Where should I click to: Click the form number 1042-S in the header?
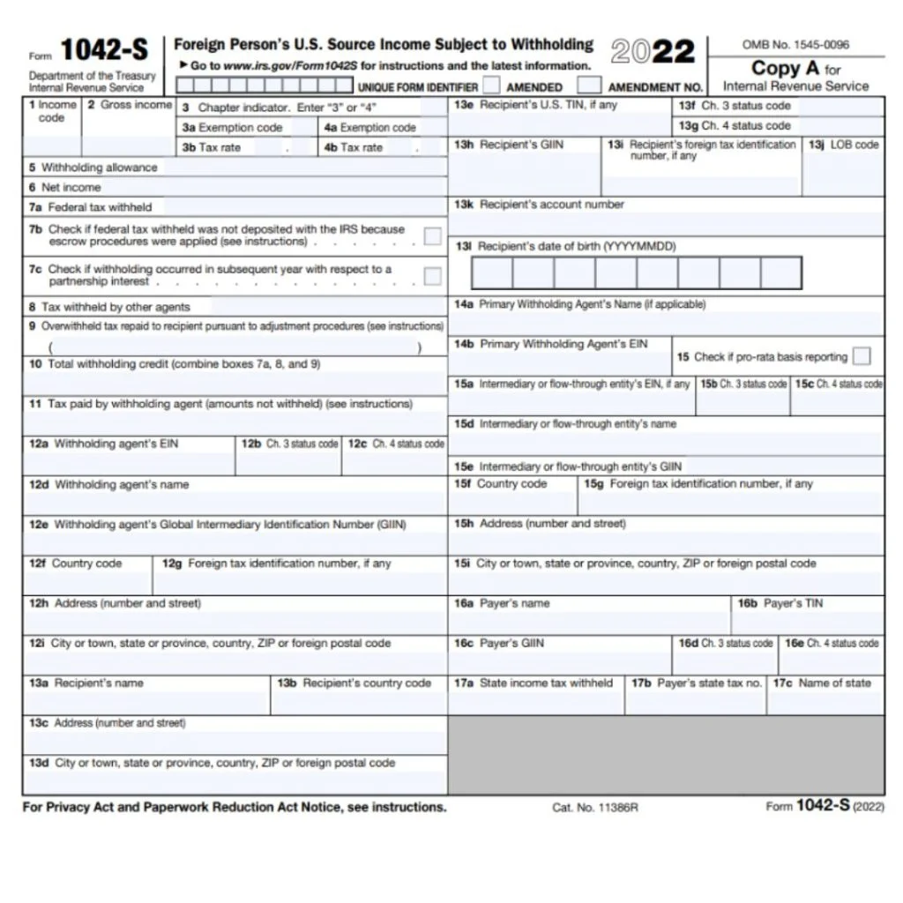point(103,51)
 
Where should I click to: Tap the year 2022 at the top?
point(652,51)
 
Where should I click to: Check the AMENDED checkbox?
point(492,86)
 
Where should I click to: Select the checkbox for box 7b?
point(432,235)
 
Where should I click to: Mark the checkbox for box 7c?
point(432,276)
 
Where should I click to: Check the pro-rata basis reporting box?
point(862,356)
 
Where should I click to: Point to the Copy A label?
point(785,68)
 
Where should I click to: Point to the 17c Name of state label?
point(822,683)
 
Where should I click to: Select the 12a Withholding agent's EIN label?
point(103,444)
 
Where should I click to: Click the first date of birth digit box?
point(492,272)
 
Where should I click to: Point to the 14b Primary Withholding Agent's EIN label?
point(550,344)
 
